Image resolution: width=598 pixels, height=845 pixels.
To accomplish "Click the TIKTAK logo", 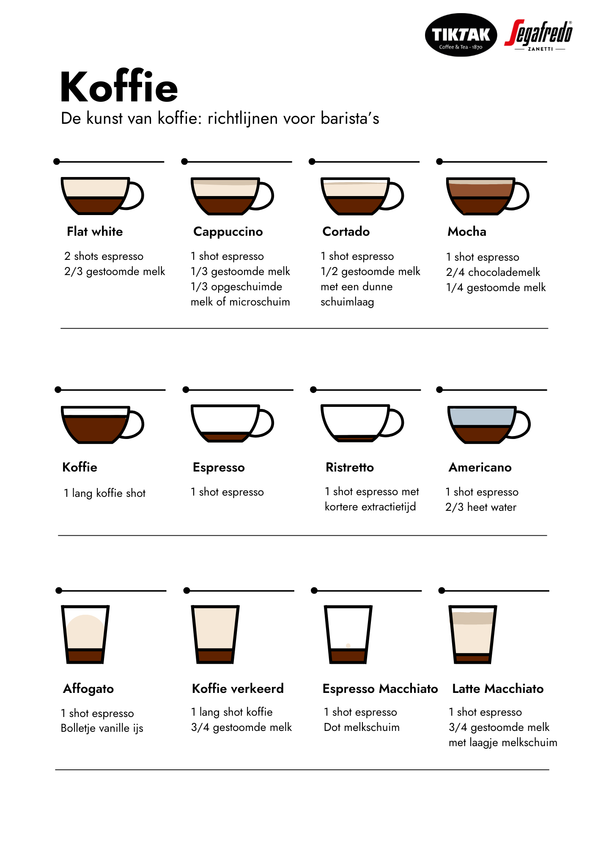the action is (x=461, y=35).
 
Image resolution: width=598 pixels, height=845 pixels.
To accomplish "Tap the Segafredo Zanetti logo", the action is (x=539, y=35).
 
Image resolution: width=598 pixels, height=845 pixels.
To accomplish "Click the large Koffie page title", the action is (x=119, y=87).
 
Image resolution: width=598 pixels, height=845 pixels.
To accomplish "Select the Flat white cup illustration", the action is (x=102, y=196).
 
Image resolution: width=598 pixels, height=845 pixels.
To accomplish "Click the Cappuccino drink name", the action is (x=228, y=232).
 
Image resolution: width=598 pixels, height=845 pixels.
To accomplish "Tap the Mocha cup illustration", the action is (x=488, y=196).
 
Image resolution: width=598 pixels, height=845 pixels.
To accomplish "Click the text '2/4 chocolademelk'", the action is (x=493, y=272).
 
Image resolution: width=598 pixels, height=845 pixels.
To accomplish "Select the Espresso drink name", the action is (x=219, y=467).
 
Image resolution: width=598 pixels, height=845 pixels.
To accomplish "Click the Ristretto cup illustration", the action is (x=362, y=423).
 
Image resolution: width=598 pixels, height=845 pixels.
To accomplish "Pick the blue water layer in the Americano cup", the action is (x=481, y=417).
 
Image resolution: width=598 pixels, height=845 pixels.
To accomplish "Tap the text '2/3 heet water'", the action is (x=481, y=507).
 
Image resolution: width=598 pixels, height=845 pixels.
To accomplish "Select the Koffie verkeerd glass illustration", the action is (x=215, y=634).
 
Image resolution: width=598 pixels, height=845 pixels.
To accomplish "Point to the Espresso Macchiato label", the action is (x=380, y=689).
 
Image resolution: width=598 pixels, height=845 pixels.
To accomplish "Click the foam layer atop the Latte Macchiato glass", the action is (x=473, y=618).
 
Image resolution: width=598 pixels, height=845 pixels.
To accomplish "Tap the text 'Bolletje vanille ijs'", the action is (x=102, y=728).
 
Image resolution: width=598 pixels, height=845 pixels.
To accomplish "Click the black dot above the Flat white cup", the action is (x=57, y=161).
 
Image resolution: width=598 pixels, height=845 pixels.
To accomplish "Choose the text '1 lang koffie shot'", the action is (x=104, y=493).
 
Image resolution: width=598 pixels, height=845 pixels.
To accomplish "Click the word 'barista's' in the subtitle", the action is (x=350, y=118).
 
